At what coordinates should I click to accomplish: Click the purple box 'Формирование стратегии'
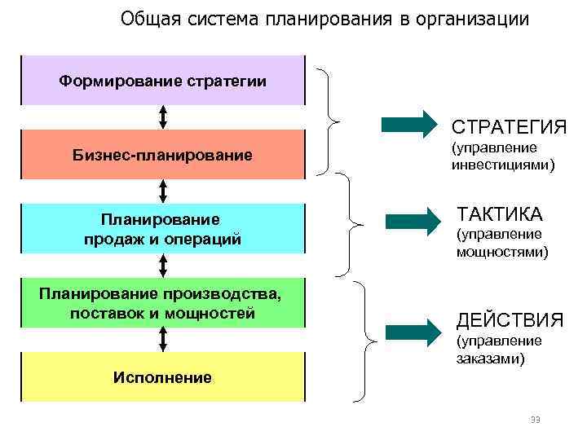pyautogui.click(x=163, y=81)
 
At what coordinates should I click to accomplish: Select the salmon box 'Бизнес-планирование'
pyautogui.click(x=163, y=154)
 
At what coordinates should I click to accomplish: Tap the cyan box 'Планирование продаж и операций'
pyautogui.click(x=163, y=229)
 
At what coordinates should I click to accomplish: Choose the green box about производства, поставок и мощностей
pyautogui.click(x=163, y=302)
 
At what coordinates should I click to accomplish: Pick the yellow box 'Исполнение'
pyautogui.click(x=163, y=377)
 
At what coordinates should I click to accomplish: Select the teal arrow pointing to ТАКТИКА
pyautogui.click(x=413, y=221)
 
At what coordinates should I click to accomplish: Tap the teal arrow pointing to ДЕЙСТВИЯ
pyautogui.click(x=413, y=332)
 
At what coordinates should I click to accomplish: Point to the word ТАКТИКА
pyautogui.click(x=499, y=215)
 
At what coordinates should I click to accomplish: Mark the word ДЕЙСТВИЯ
pyautogui.click(x=510, y=319)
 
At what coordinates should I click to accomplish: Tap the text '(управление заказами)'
pyautogui.click(x=499, y=349)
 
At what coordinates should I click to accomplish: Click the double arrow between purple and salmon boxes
pyautogui.click(x=163, y=117)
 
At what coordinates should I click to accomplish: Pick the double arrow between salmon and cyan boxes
pyautogui.click(x=163, y=191)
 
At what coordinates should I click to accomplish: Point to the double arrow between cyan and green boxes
pyautogui.click(x=163, y=265)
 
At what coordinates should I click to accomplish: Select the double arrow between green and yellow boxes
pyautogui.click(x=163, y=338)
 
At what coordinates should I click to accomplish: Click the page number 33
pyautogui.click(x=535, y=420)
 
